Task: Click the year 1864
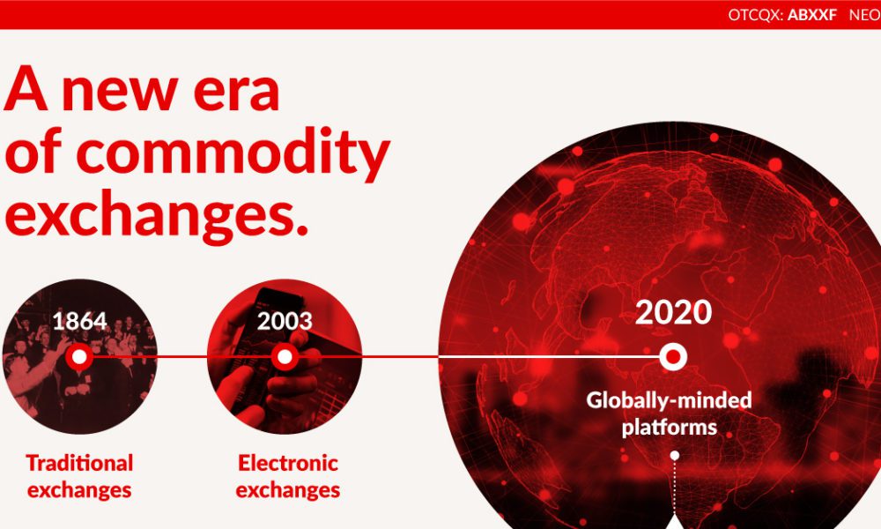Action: coord(79,321)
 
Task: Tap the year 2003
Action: coord(285,321)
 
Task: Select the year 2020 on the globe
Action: coord(673,312)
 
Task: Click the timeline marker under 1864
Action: coord(79,356)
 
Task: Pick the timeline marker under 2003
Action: coord(285,356)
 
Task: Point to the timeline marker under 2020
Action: coord(672,356)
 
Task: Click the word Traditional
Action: coord(79,463)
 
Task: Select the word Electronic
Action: coord(288,463)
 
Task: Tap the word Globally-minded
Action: coord(669,400)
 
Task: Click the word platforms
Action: coord(670,428)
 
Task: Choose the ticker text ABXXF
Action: coord(812,15)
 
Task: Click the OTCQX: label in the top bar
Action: coord(756,15)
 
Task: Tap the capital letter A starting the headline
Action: coord(26,88)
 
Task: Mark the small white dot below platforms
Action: coord(675,455)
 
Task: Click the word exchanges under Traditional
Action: coord(79,490)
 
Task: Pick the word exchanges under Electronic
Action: coord(288,490)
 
